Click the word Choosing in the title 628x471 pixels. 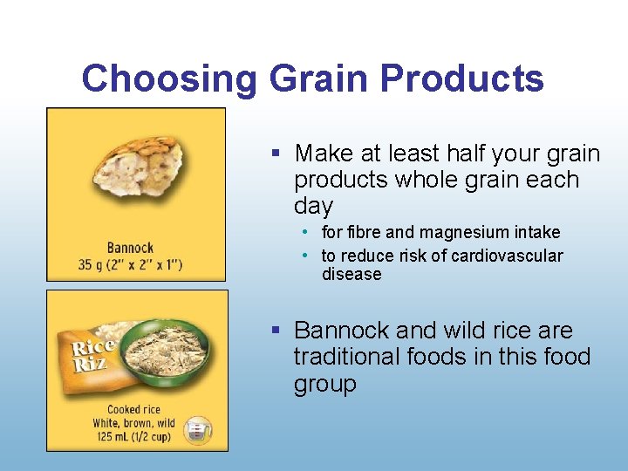(x=170, y=79)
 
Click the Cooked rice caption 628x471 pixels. (x=134, y=409)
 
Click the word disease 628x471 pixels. (x=352, y=275)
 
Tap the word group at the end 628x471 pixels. (x=324, y=384)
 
